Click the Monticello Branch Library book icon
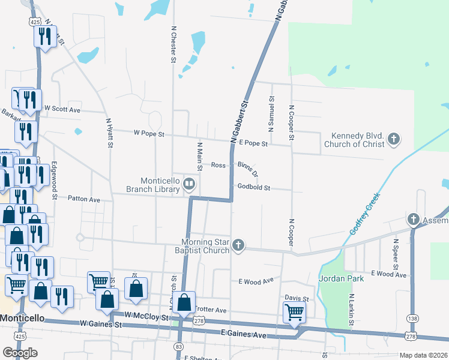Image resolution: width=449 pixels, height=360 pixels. pyautogui.click(x=190, y=183)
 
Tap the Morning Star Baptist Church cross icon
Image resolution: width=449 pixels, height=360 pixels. pyautogui.click(x=238, y=245)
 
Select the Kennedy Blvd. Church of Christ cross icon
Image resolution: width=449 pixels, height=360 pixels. pyautogui.click(x=394, y=140)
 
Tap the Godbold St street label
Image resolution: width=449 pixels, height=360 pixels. pyautogui.click(x=254, y=188)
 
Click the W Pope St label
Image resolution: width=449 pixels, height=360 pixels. pyautogui.click(x=149, y=133)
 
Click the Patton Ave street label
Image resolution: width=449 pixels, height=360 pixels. pyautogui.click(x=83, y=197)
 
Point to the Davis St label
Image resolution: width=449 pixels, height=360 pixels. pyautogui.click(x=297, y=298)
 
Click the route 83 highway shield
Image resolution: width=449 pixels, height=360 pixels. pyautogui.click(x=178, y=347)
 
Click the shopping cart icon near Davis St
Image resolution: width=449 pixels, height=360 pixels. pyautogui.click(x=294, y=311)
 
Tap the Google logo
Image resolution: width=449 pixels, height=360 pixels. pyautogui.click(x=20, y=353)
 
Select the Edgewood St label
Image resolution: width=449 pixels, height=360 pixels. pyautogui.click(x=54, y=180)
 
